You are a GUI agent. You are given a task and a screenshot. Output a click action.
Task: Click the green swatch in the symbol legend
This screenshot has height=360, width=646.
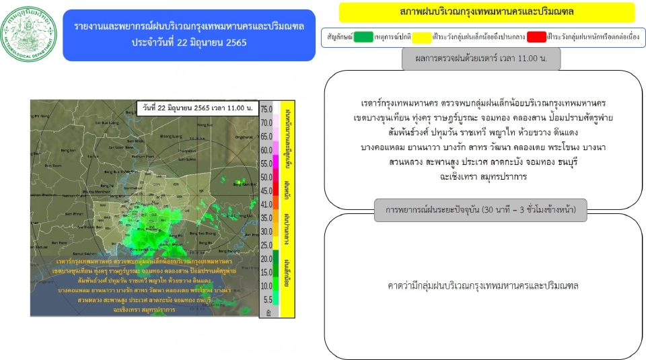click(x=364, y=36)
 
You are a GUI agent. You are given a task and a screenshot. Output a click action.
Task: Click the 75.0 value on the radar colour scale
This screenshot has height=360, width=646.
click(x=266, y=109)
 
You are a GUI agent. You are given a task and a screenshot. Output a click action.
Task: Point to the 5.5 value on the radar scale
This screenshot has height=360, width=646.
click(x=267, y=299)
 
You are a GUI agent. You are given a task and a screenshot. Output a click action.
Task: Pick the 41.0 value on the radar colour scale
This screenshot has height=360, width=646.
click(x=266, y=204)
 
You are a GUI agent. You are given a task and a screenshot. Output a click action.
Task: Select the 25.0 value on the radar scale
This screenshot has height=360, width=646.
click(x=266, y=245)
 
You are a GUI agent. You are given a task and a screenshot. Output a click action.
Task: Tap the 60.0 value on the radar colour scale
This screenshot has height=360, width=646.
click(x=266, y=150)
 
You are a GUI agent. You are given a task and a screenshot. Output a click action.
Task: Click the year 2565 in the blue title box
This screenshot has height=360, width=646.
click(x=233, y=43)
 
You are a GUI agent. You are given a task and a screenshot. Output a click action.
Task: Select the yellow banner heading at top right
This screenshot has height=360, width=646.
click(x=487, y=13)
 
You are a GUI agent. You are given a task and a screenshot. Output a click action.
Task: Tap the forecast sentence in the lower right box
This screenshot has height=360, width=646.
click(x=483, y=285)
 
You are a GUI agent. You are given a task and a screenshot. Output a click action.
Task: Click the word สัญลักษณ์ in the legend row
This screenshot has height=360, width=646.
click(x=340, y=36)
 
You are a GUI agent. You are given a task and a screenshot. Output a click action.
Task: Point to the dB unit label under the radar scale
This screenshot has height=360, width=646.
click(x=269, y=313)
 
